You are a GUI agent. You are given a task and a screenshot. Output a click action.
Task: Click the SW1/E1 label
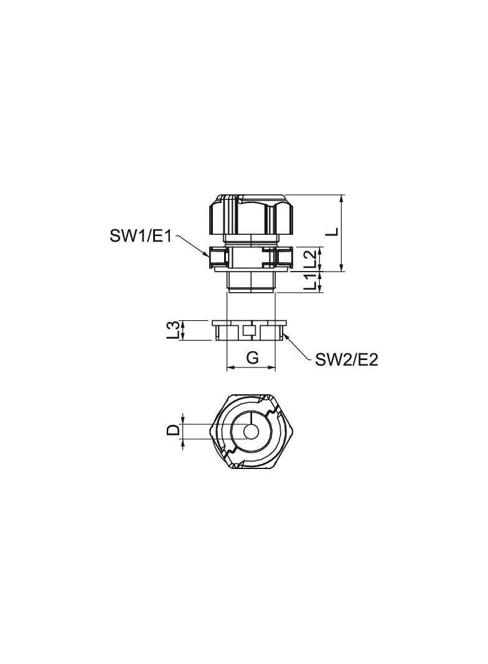pyautogui.click(x=141, y=236)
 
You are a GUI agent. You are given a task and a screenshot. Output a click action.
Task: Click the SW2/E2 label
pyautogui.click(x=346, y=360)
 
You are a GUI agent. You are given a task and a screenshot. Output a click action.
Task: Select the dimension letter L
pyautogui.click(x=334, y=231)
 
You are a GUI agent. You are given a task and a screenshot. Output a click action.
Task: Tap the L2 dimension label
pyautogui.click(x=311, y=258)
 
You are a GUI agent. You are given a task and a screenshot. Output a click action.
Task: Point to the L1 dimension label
pyautogui.click(x=311, y=282)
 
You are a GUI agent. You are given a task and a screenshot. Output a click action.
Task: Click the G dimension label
pyautogui.click(x=253, y=358)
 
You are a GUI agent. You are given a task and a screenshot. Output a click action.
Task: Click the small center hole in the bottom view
pyautogui.click(x=252, y=432)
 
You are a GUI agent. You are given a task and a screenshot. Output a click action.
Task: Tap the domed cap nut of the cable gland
pyautogui.click(x=251, y=215)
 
